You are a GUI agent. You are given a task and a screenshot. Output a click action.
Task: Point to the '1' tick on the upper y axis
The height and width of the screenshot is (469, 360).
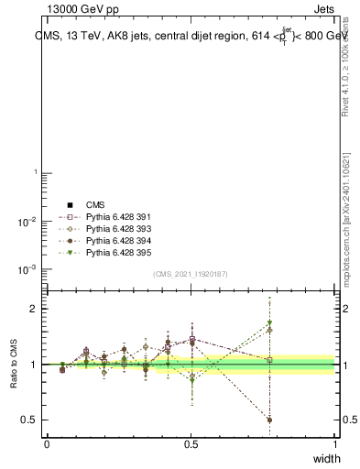click(x=35, y=172)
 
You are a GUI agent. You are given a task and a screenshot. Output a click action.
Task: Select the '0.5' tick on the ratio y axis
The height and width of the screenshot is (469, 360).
click(x=29, y=420)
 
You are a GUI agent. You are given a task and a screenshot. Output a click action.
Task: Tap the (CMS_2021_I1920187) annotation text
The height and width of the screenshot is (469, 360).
click(x=191, y=274)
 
